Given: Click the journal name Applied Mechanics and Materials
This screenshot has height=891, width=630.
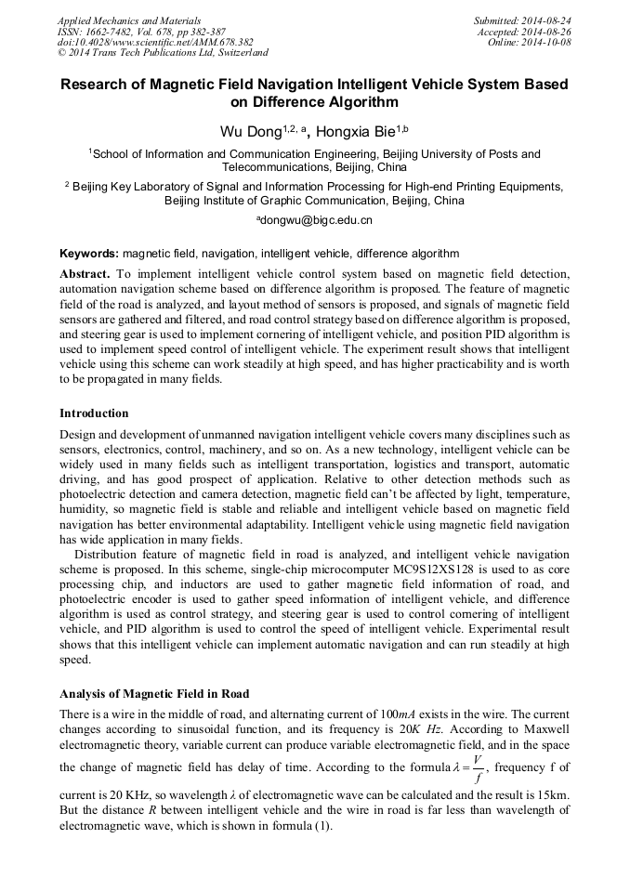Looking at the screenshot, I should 129,20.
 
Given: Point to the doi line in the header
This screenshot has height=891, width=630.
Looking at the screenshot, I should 155,42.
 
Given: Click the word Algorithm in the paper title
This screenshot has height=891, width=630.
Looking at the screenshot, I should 356,102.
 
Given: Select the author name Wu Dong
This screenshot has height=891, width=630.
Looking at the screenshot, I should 249,133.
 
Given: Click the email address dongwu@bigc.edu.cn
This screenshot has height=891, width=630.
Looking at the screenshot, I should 316,220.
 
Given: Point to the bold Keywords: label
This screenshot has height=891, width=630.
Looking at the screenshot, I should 89,253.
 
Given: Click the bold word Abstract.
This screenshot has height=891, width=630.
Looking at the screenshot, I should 85,275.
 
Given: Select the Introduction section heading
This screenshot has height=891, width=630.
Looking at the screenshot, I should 94,413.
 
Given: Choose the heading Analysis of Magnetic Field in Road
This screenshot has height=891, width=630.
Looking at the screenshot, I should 154,694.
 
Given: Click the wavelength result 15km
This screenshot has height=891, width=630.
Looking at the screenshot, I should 553,795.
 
